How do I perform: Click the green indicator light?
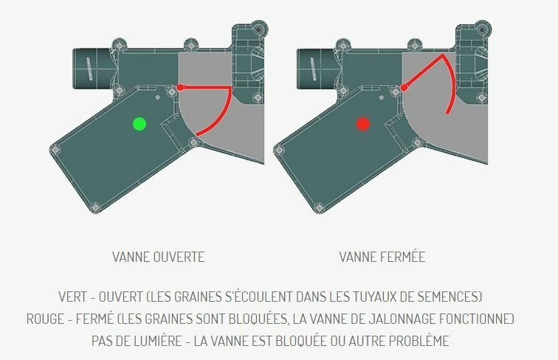point(139,124)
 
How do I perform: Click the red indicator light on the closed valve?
point(363,124)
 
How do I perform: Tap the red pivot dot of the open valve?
point(180,88)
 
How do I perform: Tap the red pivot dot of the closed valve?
point(404,88)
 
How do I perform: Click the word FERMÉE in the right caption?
point(402,257)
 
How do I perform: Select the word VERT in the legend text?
point(72,297)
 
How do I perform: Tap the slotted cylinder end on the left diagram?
point(89,69)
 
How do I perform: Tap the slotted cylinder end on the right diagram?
point(313,69)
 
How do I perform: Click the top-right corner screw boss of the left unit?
point(259,30)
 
